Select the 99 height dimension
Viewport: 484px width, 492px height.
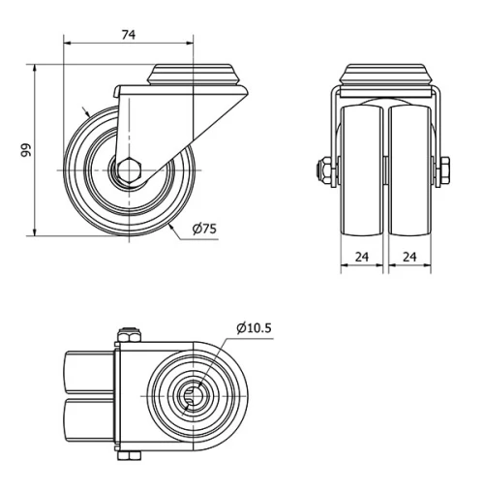click(x=27, y=149)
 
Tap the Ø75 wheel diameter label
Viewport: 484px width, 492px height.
click(x=204, y=229)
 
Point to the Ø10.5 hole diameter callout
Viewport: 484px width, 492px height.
click(x=254, y=327)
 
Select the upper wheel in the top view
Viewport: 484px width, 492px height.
click(x=89, y=372)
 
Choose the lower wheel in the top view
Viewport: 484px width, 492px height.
click(x=89, y=422)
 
